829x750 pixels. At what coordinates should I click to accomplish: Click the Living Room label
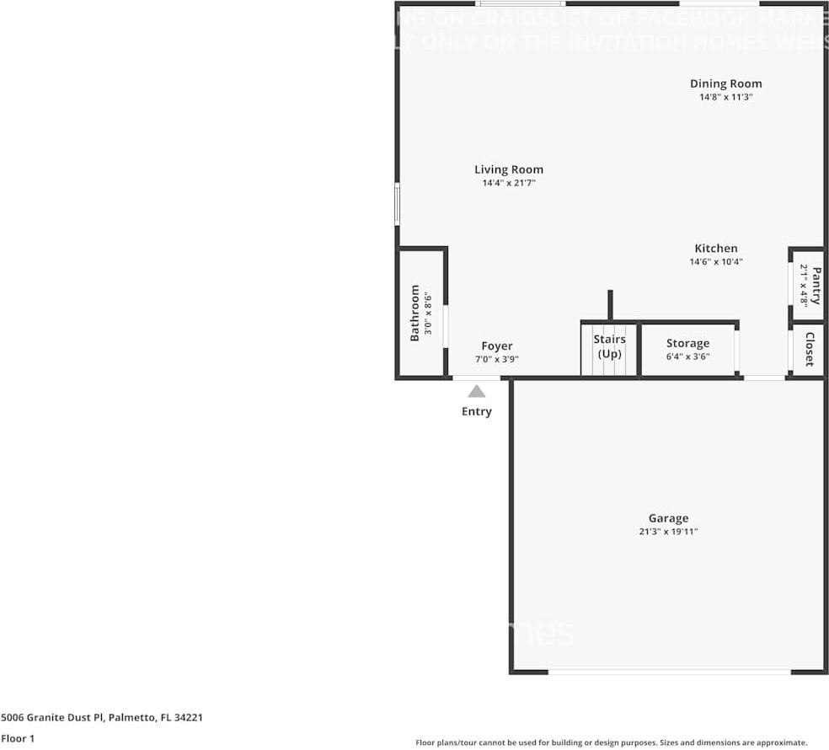[x=509, y=169]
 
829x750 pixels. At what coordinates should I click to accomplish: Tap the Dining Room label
[x=725, y=83]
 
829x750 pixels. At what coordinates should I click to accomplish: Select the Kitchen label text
[x=715, y=249]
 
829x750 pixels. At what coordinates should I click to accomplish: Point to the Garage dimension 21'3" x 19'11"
[x=668, y=532]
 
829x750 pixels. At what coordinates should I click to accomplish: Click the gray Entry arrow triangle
[x=477, y=391]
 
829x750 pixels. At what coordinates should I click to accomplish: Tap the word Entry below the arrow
[x=476, y=412]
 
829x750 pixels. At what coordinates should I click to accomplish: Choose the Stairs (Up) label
[x=609, y=346]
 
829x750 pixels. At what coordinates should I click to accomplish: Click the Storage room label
[x=687, y=343]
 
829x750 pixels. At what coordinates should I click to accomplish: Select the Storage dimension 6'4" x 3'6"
[x=687, y=356]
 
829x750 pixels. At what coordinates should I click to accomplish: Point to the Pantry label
[x=815, y=285]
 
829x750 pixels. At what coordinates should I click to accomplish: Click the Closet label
[x=809, y=349]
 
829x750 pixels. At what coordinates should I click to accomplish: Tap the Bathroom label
[x=414, y=313]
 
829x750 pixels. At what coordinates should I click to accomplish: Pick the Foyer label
[x=497, y=346]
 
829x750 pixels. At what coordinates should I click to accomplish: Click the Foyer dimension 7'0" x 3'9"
[x=497, y=359]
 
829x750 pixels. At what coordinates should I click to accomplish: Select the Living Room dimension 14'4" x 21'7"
[x=509, y=183]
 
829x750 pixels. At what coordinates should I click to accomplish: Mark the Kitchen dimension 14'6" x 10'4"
[x=715, y=262]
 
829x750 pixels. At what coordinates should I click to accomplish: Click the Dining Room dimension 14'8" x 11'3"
[x=725, y=97]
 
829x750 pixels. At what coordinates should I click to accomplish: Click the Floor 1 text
[x=18, y=738]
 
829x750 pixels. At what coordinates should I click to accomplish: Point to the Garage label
[x=668, y=518]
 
